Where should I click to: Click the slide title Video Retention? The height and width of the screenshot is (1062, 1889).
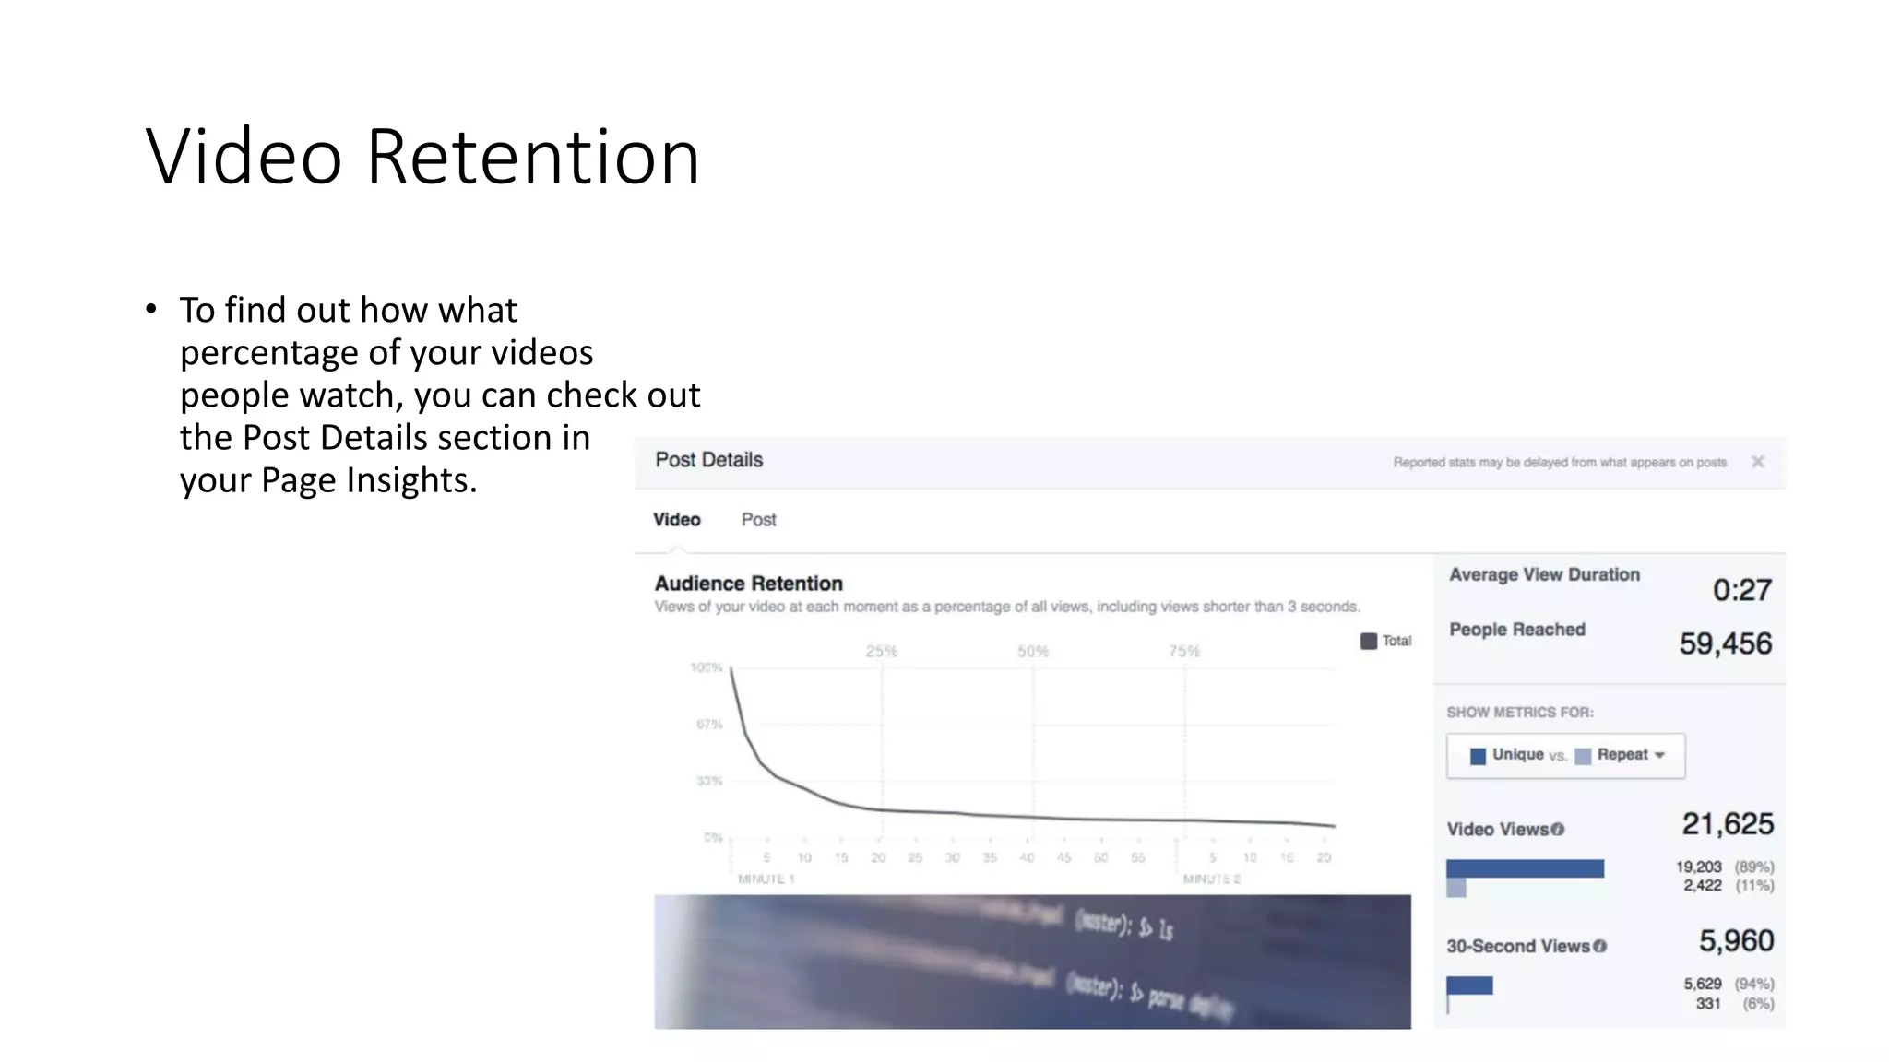(x=422, y=157)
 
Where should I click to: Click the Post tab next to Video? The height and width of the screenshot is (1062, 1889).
(x=758, y=520)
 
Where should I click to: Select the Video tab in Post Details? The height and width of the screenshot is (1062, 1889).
(x=677, y=520)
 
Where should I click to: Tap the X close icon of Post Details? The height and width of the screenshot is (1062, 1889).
(x=1757, y=462)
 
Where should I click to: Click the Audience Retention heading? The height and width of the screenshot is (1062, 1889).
(x=748, y=584)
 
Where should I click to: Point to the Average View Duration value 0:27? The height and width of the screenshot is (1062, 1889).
(x=1741, y=590)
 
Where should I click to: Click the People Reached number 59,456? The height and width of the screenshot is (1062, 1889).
(x=1725, y=643)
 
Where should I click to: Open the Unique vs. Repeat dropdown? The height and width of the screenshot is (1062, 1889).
(x=1565, y=755)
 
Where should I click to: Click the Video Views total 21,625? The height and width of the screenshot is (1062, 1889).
(x=1727, y=824)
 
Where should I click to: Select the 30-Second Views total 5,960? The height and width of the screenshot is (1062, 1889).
(x=1736, y=941)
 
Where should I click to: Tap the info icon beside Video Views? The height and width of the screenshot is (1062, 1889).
(x=1558, y=830)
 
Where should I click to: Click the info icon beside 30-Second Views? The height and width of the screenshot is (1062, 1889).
(x=1600, y=947)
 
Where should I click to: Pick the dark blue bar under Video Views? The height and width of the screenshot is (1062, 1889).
(x=1525, y=868)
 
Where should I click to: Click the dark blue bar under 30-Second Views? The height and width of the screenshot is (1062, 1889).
(x=1469, y=985)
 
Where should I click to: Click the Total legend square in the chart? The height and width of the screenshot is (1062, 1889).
(x=1369, y=641)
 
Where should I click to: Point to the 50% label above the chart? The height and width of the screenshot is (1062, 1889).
(x=1033, y=652)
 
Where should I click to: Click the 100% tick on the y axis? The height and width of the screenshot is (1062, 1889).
(x=707, y=667)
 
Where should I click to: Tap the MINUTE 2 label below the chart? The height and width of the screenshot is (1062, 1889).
(x=1211, y=879)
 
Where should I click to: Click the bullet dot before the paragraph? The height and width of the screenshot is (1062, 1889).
(x=151, y=310)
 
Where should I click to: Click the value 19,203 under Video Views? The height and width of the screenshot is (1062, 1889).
(x=1698, y=867)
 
